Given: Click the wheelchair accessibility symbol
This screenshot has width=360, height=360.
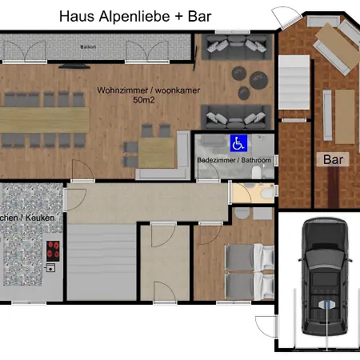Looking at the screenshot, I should coord(238,144).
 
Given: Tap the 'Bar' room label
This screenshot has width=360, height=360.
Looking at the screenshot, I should coord(332,159).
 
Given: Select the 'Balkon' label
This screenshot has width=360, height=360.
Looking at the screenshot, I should coord(88,47).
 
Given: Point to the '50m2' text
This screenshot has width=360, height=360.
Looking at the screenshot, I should coord(126,102).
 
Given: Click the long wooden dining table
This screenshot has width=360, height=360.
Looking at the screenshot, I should coord(44,118).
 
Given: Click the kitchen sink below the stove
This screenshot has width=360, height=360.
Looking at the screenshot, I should coord(51,267).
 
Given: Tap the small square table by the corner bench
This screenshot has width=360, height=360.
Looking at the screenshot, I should coord(157,150).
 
